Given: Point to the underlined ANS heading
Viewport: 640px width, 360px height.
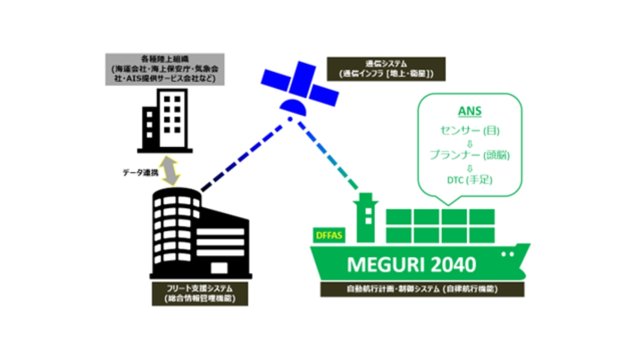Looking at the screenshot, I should click(x=469, y=112).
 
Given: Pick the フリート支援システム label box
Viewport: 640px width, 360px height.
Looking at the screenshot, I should click(x=199, y=293).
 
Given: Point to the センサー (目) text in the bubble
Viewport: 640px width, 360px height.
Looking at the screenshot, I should click(x=470, y=130).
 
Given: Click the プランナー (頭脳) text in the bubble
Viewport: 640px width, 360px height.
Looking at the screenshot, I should click(x=470, y=155).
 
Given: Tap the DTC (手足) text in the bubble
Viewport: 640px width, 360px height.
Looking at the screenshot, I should click(x=470, y=180).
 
